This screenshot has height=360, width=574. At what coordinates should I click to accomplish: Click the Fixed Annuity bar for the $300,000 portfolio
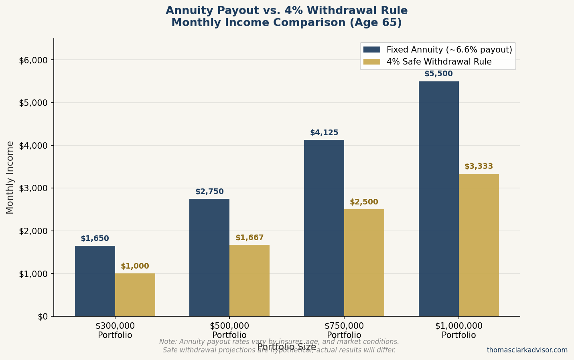click(x=95, y=281)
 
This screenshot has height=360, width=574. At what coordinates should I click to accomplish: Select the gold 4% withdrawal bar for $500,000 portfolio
click(x=249, y=280)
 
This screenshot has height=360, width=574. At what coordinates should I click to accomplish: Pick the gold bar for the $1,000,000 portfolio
click(x=479, y=245)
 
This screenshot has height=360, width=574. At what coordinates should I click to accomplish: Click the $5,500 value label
click(x=438, y=74)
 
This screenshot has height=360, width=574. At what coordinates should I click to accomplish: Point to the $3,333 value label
click(x=479, y=166)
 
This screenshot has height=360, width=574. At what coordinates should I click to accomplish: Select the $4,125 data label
click(x=324, y=133)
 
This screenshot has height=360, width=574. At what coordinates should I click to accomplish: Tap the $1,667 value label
click(x=249, y=238)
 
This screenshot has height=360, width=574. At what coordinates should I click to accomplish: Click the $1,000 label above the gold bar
click(x=135, y=266)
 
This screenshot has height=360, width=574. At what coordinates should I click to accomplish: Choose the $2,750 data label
click(x=209, y=192)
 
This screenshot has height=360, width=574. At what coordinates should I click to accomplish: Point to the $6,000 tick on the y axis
click(x=33, y=60)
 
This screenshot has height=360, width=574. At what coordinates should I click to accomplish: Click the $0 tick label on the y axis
click(x=43, y=316)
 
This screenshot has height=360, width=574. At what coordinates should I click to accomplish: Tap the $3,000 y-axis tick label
click(x=33, y=188)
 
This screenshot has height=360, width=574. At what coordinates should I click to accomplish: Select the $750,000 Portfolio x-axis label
click(x=344, y=330)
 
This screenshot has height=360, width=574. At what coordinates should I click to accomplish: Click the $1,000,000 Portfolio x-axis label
click(x=459, y=330)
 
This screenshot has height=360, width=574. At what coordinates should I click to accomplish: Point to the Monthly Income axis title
click(x=10, y=177)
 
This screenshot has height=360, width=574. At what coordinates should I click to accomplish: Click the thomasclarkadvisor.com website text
click(x=527, y=350)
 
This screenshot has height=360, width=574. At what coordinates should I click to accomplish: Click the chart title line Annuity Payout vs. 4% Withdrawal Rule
click(x=286, y=11)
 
